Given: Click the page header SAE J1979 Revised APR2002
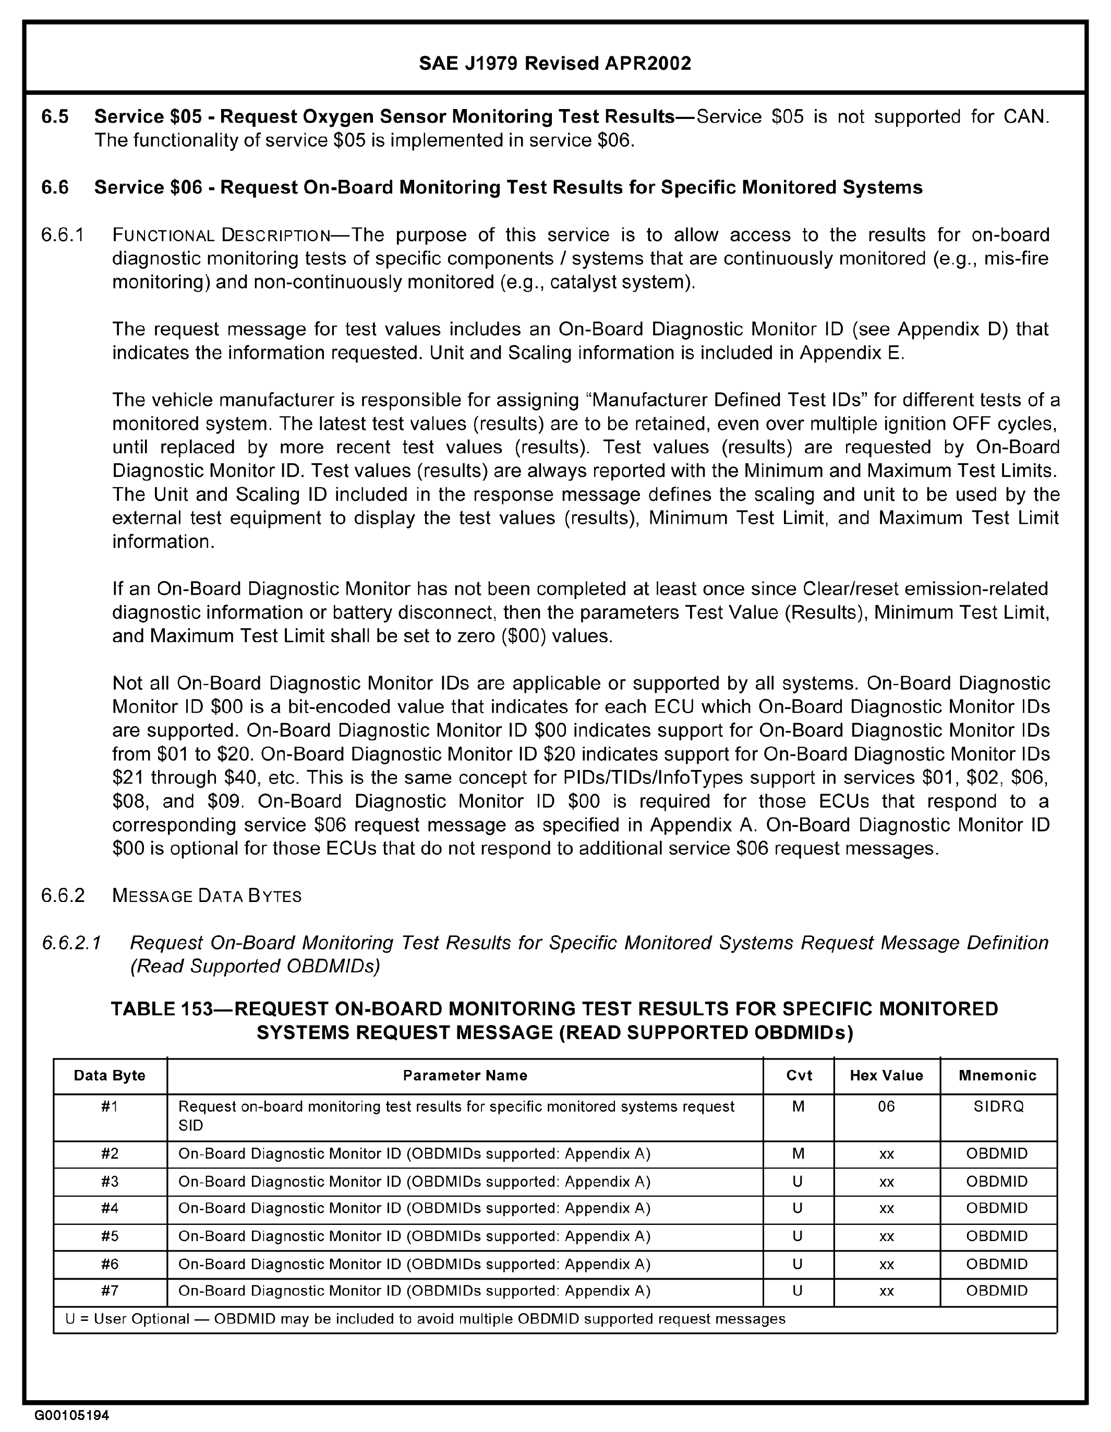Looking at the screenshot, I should [554, 63].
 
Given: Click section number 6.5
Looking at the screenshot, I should [55, 117].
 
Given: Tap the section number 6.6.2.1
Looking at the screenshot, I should [71, 943].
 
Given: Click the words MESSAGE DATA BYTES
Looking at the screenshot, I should [207, 896].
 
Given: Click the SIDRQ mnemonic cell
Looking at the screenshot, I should [998, 1107].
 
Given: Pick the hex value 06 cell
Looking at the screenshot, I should [886, 1107].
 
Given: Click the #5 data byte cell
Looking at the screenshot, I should [110, 1236].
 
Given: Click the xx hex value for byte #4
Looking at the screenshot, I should [886, 1208].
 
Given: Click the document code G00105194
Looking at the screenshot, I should [72, 1415].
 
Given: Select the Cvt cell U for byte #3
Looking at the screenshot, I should [798, 1182].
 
